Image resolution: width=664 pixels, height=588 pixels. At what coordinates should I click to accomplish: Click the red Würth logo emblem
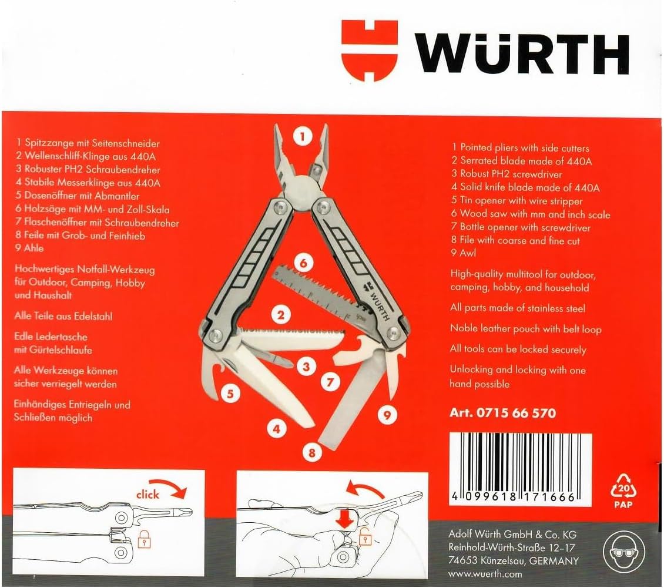369,51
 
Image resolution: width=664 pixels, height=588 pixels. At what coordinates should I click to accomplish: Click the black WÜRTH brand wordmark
522,55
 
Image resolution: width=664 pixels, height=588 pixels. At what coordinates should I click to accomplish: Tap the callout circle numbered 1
303,137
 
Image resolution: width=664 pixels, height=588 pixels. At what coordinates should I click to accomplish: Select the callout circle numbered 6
303,263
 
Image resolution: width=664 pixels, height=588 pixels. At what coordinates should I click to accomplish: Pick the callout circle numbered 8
311,453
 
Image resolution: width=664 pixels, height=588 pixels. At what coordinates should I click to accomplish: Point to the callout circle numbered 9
387,415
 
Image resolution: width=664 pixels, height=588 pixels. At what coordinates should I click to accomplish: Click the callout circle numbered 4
277,429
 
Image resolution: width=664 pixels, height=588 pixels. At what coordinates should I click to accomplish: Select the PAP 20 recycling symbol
623,490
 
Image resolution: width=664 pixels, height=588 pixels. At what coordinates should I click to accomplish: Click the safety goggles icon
623,552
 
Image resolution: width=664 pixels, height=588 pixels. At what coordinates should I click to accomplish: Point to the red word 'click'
147,495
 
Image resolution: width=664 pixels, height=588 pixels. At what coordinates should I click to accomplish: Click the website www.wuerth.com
485,573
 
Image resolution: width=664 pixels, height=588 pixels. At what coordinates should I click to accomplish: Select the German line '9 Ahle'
29,248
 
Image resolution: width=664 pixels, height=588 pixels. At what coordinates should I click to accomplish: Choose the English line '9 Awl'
463,253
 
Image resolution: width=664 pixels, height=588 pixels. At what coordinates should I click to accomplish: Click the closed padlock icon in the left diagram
145,539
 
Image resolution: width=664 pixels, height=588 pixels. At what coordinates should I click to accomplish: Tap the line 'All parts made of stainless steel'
518,308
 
